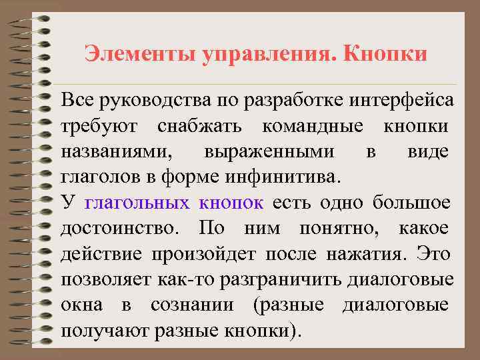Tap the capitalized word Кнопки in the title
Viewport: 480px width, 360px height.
point(385,53)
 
